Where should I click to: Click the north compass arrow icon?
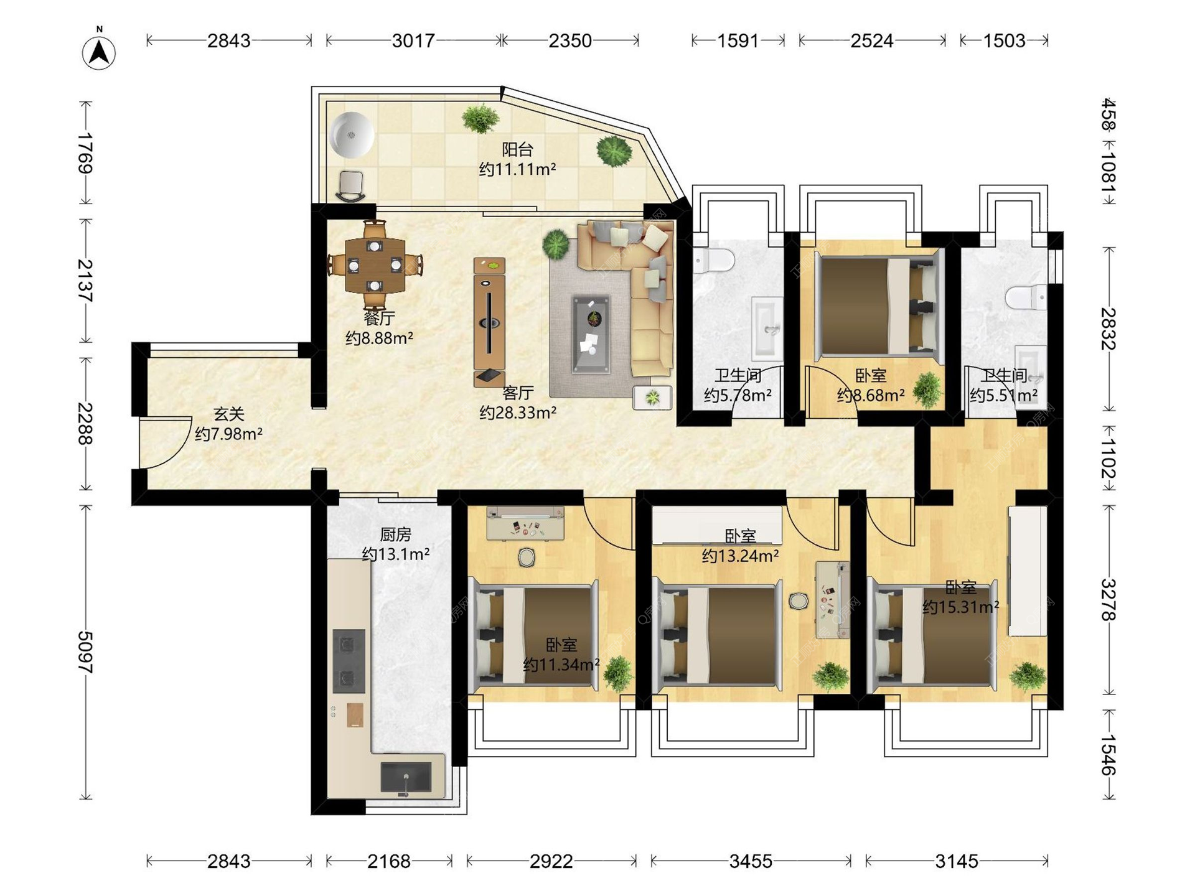(x=99, y=52)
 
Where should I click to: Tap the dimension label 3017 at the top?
(x=413, y=41)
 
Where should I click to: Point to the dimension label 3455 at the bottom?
(x=751, y=861)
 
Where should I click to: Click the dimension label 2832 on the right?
(x=1108, y=329)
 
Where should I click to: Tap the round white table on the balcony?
(x=352, y=134)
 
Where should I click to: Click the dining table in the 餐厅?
(x=375, y=266)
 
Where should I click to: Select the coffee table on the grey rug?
(x=591, y=334)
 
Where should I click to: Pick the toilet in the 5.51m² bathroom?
(x=1027, y=297)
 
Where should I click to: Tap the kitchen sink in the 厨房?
(x=406, y=777)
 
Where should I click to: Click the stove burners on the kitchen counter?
(x=349, y=661)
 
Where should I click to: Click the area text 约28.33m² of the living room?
(x=518, y=413)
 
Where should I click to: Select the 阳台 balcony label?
(x=518, y=149)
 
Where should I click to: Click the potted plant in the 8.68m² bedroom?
(x=927, y=390)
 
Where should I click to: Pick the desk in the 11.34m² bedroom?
(x=525, y=523)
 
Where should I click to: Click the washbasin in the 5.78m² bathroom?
(x=767, y=329)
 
